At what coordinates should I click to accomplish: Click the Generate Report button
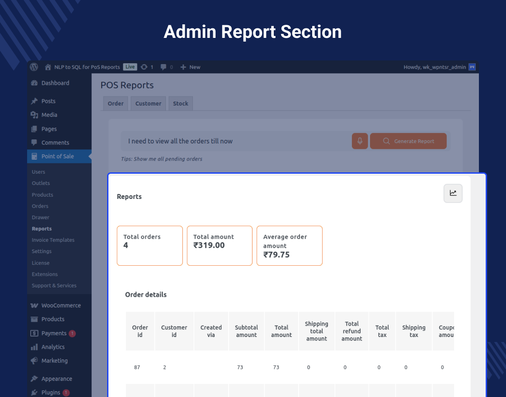(408, 141)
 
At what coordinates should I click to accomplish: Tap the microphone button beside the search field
(360, 141)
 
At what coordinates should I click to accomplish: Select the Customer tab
(148, 103)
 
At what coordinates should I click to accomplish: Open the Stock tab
(180, 103)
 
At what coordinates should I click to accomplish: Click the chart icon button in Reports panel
(453, 193)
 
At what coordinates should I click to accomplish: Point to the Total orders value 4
(126, 245)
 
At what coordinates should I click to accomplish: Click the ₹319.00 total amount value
(209, 245)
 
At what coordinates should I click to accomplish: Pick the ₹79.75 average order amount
(276, 254)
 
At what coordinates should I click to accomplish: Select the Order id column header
(140, 331)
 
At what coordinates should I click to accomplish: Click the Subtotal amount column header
(246, 331)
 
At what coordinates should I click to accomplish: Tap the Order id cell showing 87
(137, 367)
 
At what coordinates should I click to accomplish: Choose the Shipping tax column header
(414, 331)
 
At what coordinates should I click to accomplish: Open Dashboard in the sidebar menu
(55, 83)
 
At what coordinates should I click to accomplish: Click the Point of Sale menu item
(57, 156)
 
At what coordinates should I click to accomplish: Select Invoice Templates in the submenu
(53, 240)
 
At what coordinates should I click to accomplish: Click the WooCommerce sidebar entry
(61, 305)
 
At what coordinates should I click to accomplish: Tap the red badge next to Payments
(72, 333)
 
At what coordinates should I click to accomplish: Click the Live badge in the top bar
(130, 67)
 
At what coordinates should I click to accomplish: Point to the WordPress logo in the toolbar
(34, 67)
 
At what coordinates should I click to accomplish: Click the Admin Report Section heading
(253, 32)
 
